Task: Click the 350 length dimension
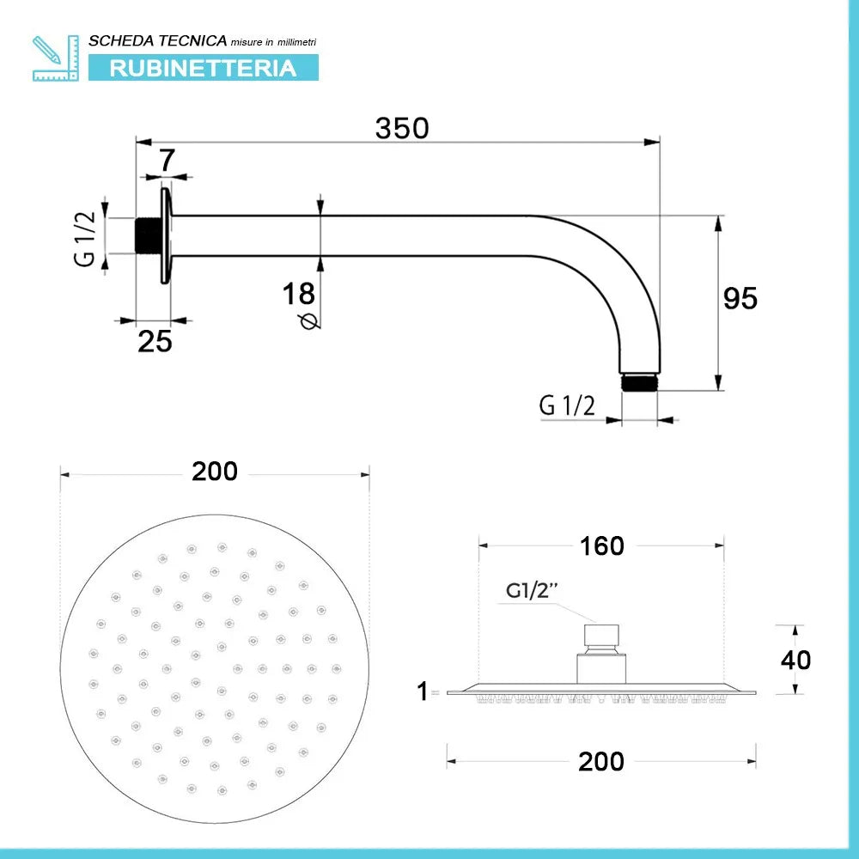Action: [401, 128]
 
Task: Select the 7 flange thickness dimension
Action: [167, 160]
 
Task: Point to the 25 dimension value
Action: [155, 341]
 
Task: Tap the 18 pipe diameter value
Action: [299, 294]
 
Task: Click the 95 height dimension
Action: [740, 298]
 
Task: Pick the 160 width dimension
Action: [601, 545]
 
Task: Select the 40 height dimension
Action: [795, 659]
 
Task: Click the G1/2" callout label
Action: [532, 590]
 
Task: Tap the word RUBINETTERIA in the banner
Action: [203, 68]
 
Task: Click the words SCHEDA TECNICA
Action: [158, 40]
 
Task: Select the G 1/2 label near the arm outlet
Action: [567, 405]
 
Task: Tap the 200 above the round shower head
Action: [214, 471]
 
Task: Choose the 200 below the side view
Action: [600, 760]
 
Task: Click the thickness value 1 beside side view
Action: [422, 691]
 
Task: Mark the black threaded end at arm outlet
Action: [638, 381]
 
